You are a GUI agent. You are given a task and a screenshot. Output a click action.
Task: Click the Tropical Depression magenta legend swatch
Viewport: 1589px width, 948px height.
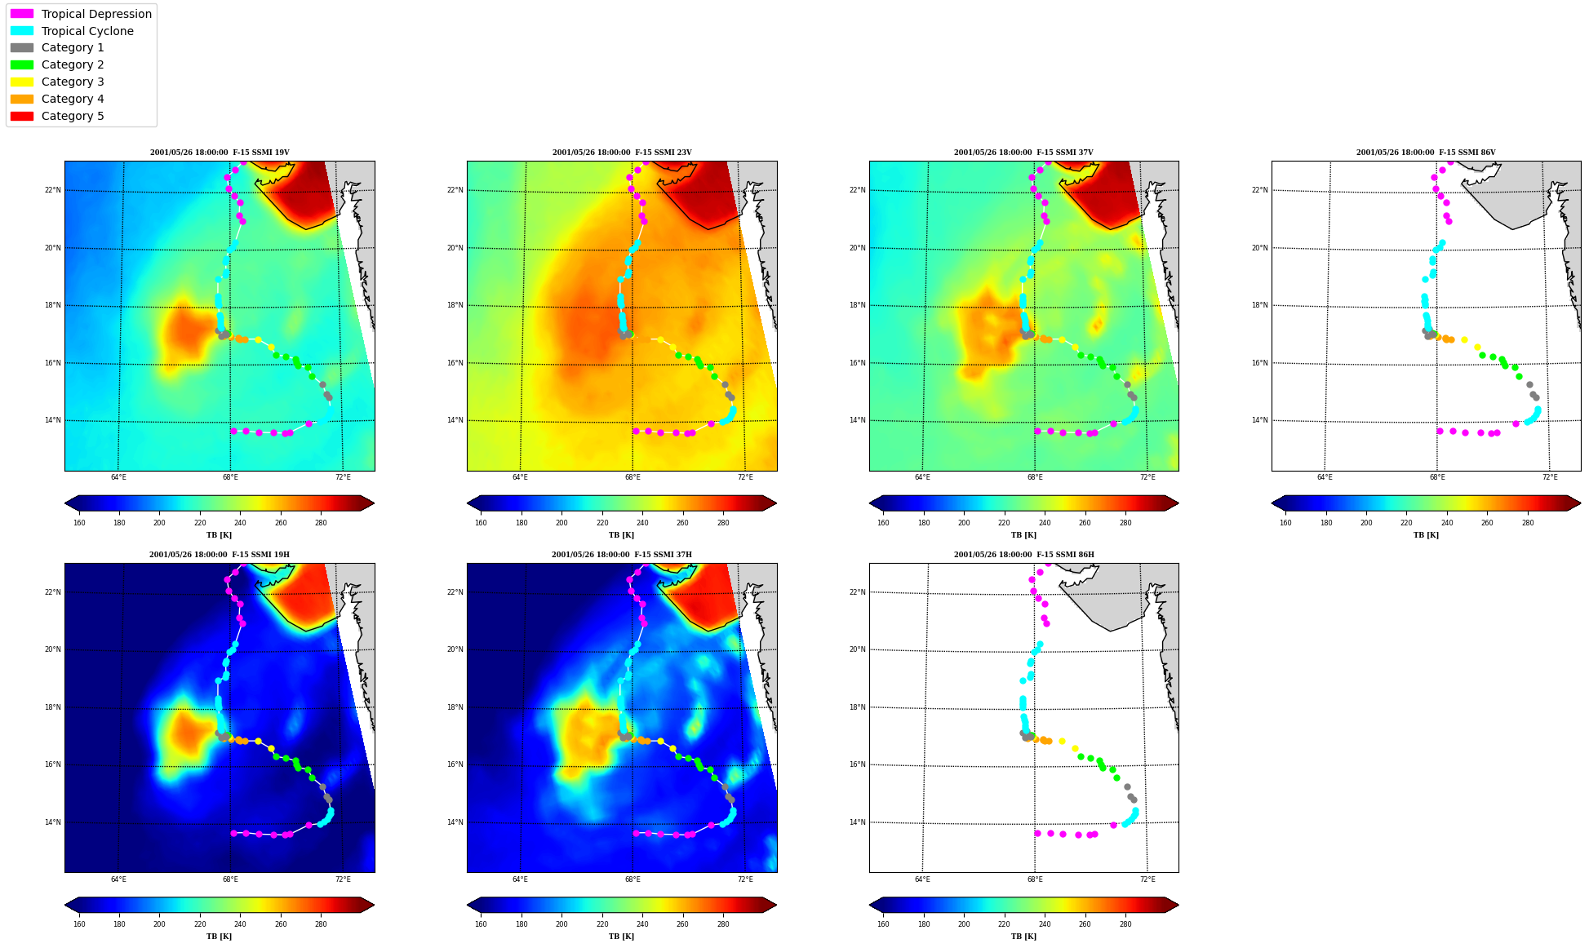pyautogui.click(x=22, y=14)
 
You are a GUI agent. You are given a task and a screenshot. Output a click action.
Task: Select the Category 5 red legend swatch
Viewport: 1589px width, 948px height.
pyautogui.click(x=22, y=116)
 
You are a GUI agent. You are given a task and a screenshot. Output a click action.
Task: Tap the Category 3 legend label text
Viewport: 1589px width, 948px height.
pyautogui.click(x=73, y=82)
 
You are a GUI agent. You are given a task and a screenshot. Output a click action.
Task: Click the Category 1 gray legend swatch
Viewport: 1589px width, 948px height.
pyautogui.click(x=22, y=47)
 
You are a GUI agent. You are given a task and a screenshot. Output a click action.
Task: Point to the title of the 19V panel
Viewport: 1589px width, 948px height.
pyautogui.click(x=220, y=153)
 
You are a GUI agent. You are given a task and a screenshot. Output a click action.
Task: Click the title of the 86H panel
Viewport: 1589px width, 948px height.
pyautogui.click(x=1024, y=555)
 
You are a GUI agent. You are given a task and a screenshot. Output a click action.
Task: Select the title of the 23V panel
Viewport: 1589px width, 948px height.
pyautogui.click(x=622, y=153)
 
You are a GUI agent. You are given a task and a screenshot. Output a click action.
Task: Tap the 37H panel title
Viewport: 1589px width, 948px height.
pyautogui.click(x=622, y=555)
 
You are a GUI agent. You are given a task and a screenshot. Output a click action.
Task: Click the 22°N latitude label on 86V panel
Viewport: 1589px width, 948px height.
pyautogui.click(x=1260, y=190)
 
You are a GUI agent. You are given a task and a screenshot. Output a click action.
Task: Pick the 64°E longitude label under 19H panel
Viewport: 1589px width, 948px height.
pyautogui.click(x=118, y=879)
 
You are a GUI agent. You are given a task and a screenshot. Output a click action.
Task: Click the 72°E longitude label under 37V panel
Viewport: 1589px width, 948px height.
pyautogui.click(x=1147, y=477)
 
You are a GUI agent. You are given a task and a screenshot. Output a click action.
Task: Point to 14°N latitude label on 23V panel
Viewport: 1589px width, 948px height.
pyautogui.click(x=455, y=420)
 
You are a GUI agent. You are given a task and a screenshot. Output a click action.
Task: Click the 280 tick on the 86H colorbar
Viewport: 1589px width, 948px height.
pyautogui.click(x=1125, y=924)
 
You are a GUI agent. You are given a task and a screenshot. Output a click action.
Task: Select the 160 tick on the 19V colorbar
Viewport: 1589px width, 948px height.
pyautogui.click(x=79, y=523)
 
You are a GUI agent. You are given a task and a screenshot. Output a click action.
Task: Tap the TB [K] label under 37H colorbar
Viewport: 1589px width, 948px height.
pyautogui.click(x=622, y=937)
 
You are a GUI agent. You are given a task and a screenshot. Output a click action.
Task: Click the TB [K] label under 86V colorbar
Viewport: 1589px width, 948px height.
pyautogui.click(x=1427, y=535)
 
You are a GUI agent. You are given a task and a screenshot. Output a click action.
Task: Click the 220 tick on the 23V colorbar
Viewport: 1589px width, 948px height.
pyautogui.click(x=602, y=523)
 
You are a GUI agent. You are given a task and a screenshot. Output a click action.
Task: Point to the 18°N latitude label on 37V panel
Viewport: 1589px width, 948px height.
pyautogui.click(x=858, y=305)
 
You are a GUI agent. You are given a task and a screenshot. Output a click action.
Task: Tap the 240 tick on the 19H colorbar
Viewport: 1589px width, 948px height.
pyautogui.click(x=240, y=924)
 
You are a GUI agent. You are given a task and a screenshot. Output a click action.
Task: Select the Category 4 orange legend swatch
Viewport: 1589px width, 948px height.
pyautogui.click(x=22, y=99)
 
